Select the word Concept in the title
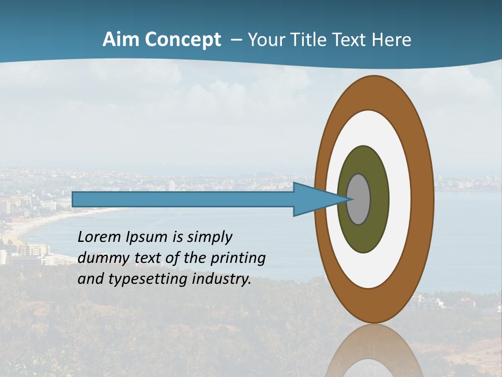[184, 40]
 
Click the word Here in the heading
[392, 40]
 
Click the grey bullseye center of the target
[359, 199]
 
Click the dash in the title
[236, 40]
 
